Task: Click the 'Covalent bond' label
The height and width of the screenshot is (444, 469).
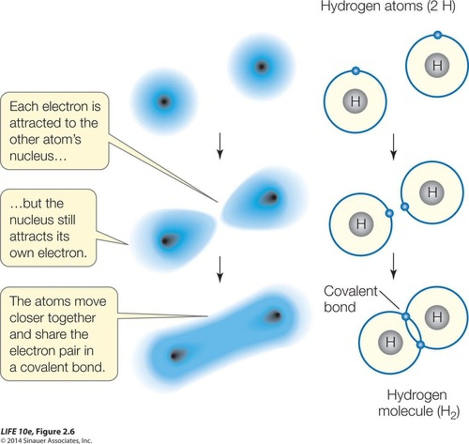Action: (350, 299)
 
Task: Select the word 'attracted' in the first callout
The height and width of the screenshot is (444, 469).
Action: (37, 123)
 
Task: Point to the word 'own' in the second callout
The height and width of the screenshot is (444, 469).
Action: (22, 253)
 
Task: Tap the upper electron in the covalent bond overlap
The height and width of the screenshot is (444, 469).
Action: (406, 317)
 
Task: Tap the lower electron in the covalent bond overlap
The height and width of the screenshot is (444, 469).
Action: (420, 345)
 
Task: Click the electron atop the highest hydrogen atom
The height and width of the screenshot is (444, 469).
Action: (437, 35)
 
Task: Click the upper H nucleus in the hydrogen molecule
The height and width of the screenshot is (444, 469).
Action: (437, 317)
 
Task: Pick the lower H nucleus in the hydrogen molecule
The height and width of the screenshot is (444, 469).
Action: (390, 342)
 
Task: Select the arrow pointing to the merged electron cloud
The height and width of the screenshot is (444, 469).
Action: (220, 269)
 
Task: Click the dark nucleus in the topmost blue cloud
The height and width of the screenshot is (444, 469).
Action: (262, 67)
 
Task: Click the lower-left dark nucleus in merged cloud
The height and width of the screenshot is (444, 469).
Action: (174, 356)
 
